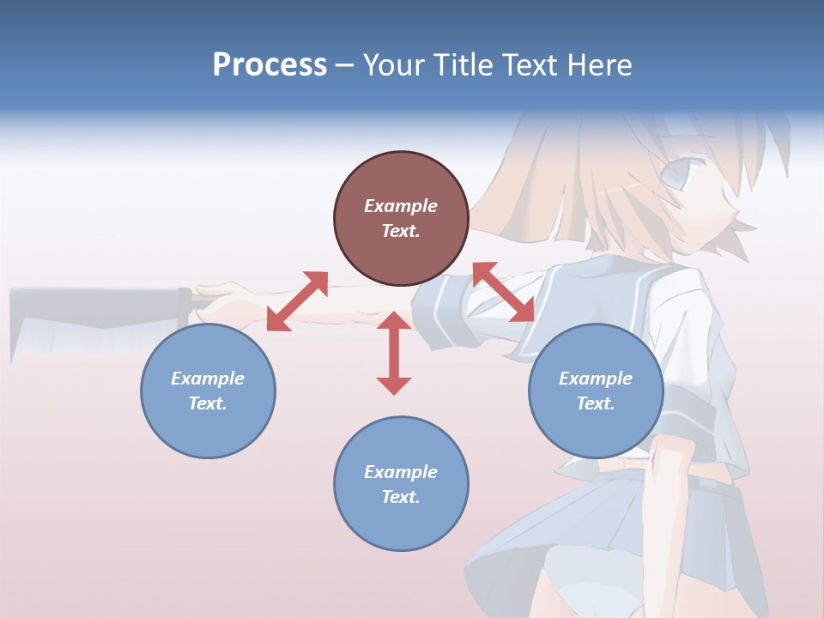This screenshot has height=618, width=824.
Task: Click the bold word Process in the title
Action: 270,65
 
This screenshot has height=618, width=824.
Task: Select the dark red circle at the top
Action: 401,219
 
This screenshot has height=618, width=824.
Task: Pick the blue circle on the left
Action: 208,391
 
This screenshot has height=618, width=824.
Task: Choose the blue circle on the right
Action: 596,391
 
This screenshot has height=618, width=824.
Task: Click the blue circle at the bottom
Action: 401,484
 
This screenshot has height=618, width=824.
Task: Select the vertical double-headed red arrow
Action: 394,354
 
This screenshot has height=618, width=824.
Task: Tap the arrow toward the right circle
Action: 503,293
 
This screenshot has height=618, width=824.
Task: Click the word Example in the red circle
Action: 401,206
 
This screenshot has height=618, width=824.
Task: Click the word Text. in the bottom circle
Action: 401,497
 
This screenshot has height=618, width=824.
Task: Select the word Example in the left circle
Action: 208,379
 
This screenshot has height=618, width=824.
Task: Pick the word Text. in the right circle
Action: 596,403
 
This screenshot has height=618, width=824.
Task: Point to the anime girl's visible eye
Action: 676,178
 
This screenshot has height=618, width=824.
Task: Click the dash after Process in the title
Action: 344,65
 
